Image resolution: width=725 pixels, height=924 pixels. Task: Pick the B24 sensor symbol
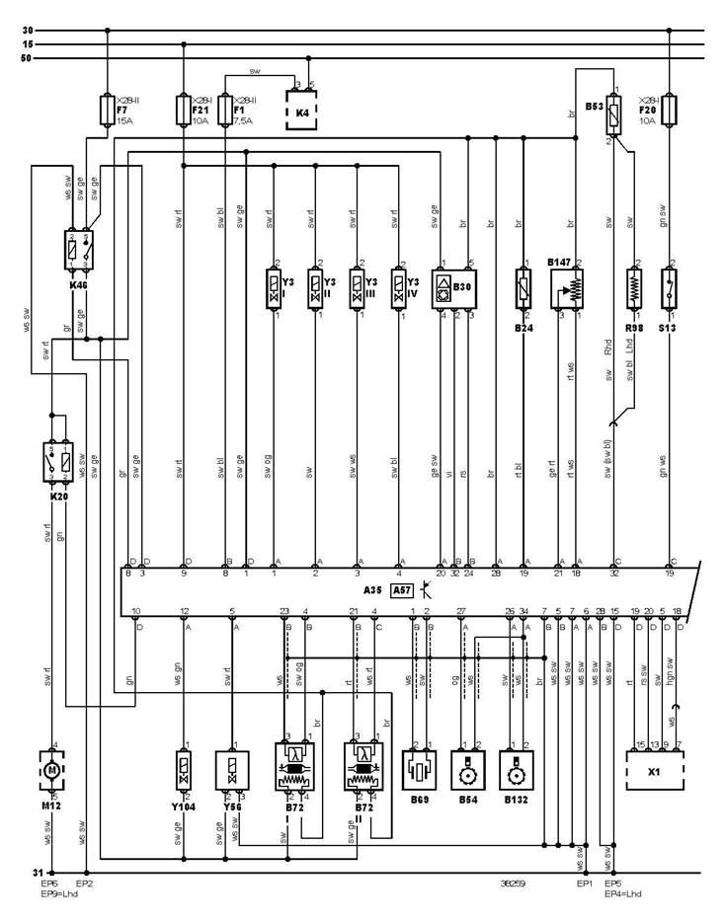click(x=523, y=289)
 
